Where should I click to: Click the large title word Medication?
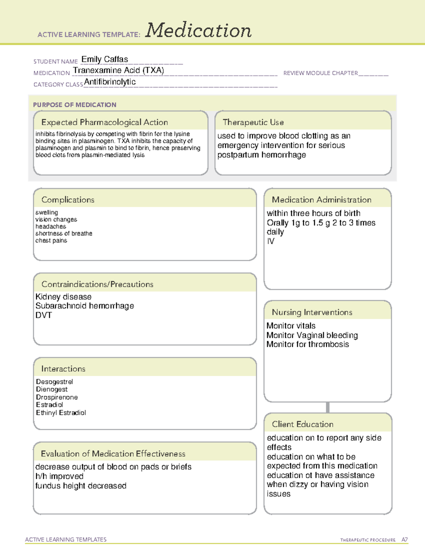tap(198, 30)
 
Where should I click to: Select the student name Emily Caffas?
tap(105, 59)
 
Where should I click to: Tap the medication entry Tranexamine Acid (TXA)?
tap(118, 70)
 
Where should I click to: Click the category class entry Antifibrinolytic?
tap(110, 82)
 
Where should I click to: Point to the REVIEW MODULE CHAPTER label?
tap(321, 73)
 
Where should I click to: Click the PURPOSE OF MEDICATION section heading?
tap(74, 105)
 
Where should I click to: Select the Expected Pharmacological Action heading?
tap(104, 122)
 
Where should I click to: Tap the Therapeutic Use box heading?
tap(253, 122)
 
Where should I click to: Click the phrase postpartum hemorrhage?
tap(261, 155)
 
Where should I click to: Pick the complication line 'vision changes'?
tap(56, 220)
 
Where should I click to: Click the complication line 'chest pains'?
tap(51, 240)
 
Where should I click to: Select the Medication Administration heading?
tap(321, 200)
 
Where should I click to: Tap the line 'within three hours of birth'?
tap(313, 213)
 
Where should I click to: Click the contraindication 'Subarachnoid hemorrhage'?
tap(85, 306)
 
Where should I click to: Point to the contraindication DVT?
tap(44, 315)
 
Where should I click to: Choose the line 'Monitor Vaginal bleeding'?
tap(312, 335)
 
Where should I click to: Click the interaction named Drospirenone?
tap(57, 397)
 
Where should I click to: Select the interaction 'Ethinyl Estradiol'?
tap(61, 413)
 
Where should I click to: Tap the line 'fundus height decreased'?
tap(81, 486)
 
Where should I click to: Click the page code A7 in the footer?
tap(404, 540)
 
